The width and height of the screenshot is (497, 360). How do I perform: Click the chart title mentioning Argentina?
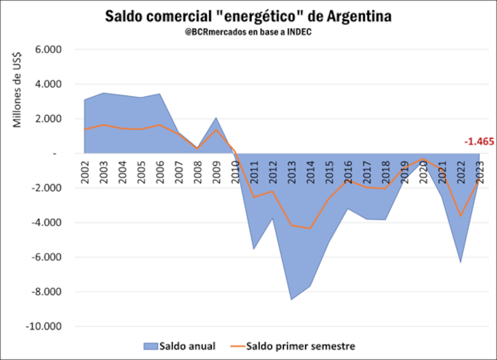248,16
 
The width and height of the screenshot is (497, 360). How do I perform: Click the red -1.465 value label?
479,142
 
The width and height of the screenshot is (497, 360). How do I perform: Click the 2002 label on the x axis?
84,172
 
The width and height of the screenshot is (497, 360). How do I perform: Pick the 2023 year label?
481,172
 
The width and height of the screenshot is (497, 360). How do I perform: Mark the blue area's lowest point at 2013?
292,299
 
